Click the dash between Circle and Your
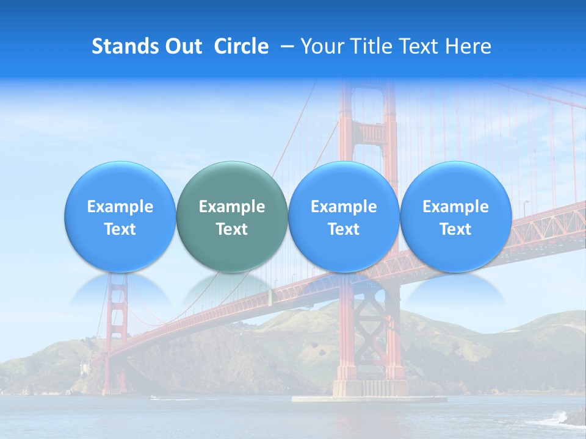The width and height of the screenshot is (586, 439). pyautogui.click(x=284, y=47)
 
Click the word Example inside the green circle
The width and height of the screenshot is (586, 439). pyautogui.click(x=232, y=207)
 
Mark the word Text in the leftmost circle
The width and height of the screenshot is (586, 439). pyautogui.click(x=120, y=229)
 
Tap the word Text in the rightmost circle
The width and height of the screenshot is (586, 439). pyautogui.click(x=455, y=229)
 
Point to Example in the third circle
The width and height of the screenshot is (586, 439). pyautogui.click(x=344, y=207)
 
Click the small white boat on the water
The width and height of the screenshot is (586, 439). pyautogui.click(x=153, y=398)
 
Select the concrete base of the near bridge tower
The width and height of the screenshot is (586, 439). pyautogui.click(x=370, y=389)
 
